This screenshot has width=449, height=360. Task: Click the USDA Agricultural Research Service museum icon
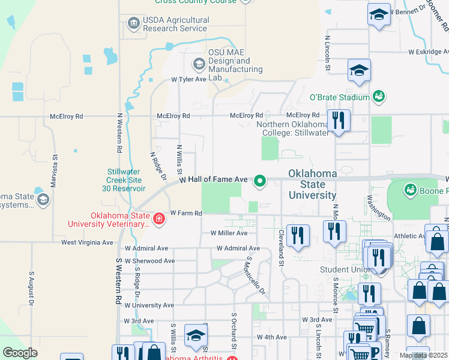click(133, 24)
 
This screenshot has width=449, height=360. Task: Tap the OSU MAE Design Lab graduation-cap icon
click(199, 64)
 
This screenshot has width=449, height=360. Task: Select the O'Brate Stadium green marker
click(379, 96)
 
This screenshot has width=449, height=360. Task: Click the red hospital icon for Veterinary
click(158, 220)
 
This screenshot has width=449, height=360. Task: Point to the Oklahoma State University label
click(312, 184)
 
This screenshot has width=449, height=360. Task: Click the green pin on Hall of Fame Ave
click(260, 180)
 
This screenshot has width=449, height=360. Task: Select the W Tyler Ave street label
click(188, 79)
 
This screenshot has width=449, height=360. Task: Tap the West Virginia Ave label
click(87, 243)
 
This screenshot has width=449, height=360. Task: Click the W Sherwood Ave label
click(149, 261)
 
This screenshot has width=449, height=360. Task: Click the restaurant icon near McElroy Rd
click(339, 121)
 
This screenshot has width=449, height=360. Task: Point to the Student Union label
click(343, 269)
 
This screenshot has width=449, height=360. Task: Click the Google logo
click(20, 353)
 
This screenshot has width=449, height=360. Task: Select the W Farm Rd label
click(185, 213)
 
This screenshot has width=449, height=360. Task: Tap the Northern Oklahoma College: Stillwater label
click(293, 128)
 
